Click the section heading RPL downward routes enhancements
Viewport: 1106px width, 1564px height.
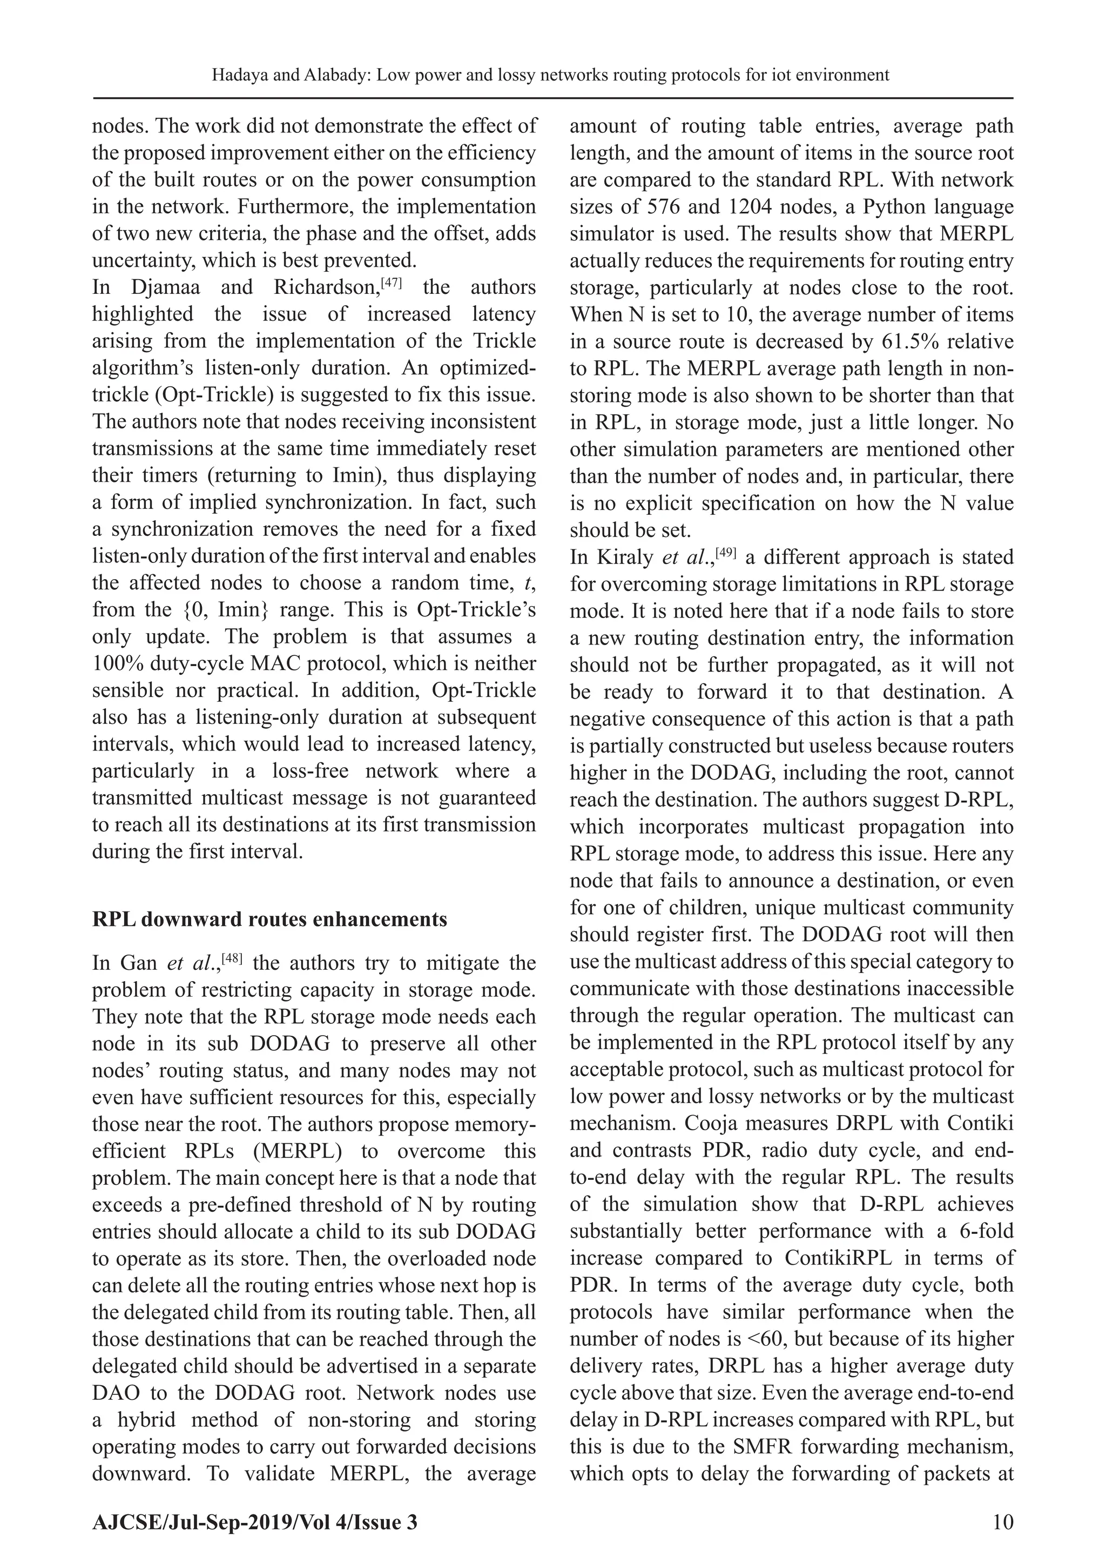point(269,919)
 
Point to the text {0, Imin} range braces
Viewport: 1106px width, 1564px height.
point(230,610)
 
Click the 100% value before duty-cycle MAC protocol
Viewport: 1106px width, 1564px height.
point(116,664)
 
